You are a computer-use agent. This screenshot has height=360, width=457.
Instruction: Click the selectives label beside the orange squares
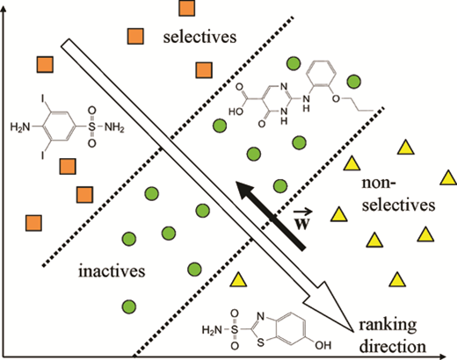(199, 37)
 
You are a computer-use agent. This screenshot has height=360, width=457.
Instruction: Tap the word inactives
(112, 270)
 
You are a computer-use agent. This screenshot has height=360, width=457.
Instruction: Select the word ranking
(388, 325)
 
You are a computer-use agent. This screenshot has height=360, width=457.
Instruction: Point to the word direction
(393, 346)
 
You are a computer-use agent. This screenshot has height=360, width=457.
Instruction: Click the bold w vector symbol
(302, 220)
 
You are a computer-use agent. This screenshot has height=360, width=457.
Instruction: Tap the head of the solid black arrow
(245, 191)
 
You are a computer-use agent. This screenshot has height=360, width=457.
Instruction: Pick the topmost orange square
(186, 8)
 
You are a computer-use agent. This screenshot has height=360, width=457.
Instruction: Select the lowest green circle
(129, 306)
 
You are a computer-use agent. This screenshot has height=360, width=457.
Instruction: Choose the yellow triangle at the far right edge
(448, 178)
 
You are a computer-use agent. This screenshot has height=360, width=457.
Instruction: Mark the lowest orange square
(33, 223)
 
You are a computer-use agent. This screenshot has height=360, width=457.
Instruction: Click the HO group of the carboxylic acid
(236, 112)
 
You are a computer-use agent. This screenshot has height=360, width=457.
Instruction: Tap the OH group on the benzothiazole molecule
(323, 345)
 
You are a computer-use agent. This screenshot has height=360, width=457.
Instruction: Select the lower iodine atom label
(43, 155)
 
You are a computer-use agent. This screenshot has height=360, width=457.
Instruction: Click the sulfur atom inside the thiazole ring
(260, 342)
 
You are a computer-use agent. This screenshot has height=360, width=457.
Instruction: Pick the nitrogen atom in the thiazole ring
(261, 316)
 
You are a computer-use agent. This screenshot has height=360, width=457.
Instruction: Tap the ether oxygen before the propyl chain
(336, 98)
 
